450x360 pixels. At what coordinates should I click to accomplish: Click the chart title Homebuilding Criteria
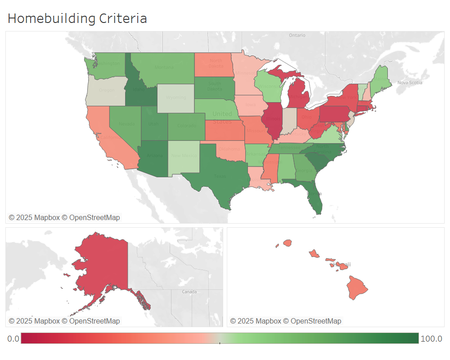[x=77, y=18]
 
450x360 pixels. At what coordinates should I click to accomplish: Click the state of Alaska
[x=103, y=265]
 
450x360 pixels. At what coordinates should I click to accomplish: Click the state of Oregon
[x=106, y=90]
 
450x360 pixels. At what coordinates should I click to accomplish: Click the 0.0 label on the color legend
[x=13, y=339]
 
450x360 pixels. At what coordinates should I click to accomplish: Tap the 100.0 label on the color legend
[x=431, y=339]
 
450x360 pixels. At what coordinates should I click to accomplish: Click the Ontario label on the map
[x=297, y=35]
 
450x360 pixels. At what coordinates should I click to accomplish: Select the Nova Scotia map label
[x=409, y=82]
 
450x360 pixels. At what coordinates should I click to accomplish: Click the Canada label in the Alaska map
[x=189, y=292]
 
